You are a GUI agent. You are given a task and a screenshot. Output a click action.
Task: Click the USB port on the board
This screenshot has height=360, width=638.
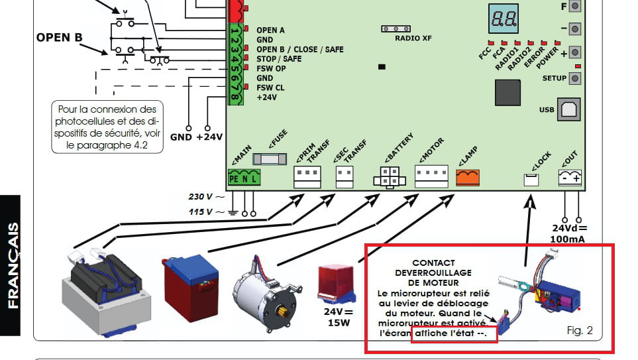click(x=569, y=110)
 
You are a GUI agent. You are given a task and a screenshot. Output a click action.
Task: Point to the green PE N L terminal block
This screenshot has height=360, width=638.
click(x=244, y=178)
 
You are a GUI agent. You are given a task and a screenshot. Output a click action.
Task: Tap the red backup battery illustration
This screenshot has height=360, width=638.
click(x=191, y=282)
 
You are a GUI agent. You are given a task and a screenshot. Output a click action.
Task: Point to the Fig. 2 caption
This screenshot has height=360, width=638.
click(x=580, y=330)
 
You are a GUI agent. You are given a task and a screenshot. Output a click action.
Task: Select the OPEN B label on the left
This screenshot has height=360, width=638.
click(x=59, y=38)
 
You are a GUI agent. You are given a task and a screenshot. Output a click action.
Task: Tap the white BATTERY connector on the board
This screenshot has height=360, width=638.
click(x=389, y=177)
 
